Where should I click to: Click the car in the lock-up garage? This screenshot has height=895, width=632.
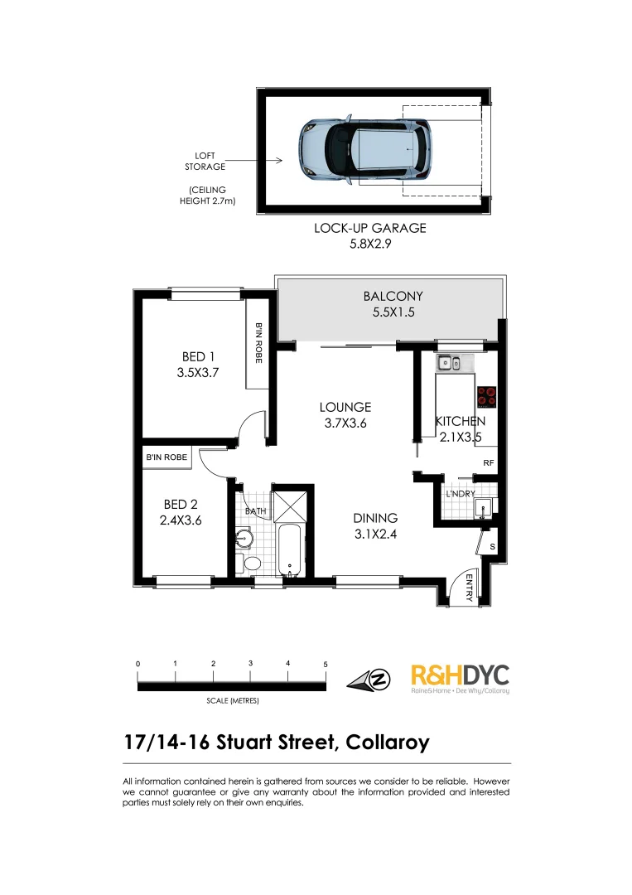pyautogui.click(x=364, y=150)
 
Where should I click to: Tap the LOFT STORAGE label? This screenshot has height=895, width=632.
pyautogui.click(x=210, y=161)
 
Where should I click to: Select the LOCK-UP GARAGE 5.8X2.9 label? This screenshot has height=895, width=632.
pyautogui.click(x=369, y=235)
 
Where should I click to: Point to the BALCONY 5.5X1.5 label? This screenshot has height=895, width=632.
pyautogui.click(x=393, y=304)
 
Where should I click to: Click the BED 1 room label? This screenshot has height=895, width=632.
pyautogui.click(x=197, y=365)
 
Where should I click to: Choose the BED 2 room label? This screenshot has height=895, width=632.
pyautogui.click(x=181, y=512)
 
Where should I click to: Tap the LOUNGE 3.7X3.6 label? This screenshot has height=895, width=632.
pyautogui.click(x=345, y=414)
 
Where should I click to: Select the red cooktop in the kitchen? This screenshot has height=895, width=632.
pyautogui.click(x=486, y=397)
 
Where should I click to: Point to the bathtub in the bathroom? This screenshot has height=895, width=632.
pyautogui.click(x=290, y=550)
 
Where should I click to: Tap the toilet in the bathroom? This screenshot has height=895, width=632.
pyautogui.click(x=249, y=564)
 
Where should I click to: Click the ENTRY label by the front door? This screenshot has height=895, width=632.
pyautogui.click(x=469, y=588)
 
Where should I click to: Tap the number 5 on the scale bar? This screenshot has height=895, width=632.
pyautogui.click(x=326, y=665)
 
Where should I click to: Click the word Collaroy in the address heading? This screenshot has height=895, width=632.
pyautogui.click(x=386, y=742)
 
